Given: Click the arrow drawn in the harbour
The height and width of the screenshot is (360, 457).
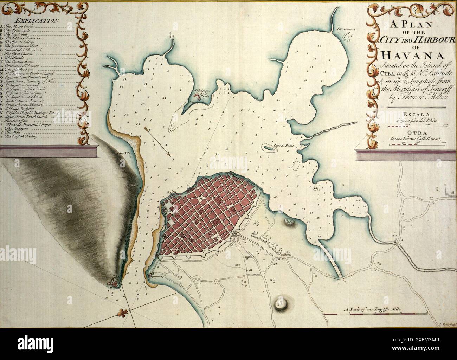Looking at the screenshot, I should point(157,141).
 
